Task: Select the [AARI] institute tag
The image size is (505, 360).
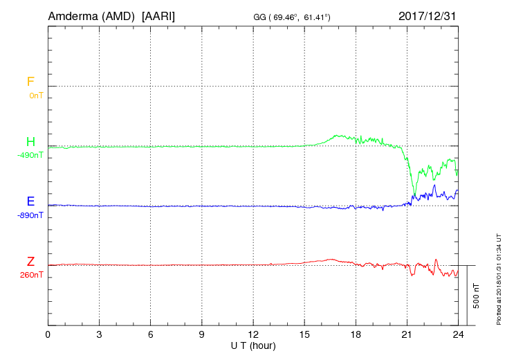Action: pyautogui.click(x=158, y=15)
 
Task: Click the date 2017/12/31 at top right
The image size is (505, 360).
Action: pyautogui.click(x=428, y=15)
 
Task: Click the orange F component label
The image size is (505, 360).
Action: pyautogui.click(x=30, y=82)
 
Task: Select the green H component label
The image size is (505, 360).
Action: pyautogui.click(x=30, y=142)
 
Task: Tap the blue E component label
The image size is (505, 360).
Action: pyautogui.click(x=30, y=201)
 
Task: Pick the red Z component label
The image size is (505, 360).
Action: pyautogui.click(x=30, y=262)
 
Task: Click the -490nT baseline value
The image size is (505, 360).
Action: pyautogui.click(x=30, y=155)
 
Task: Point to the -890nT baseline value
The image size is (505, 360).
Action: pyautogui.click(x=30, y=215)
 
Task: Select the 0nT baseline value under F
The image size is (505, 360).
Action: pyautogui.click(x=35, y=96)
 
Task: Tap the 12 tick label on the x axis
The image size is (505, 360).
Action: pyautogui.click(x=253, y=334)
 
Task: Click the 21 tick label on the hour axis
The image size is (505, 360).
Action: pyautogui.click(x=407, y=334)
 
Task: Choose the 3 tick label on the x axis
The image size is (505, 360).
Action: pyautogui.click(x=100, y=334)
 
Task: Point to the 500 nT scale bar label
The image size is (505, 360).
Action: pyautogui.click(x=477, y=296)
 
